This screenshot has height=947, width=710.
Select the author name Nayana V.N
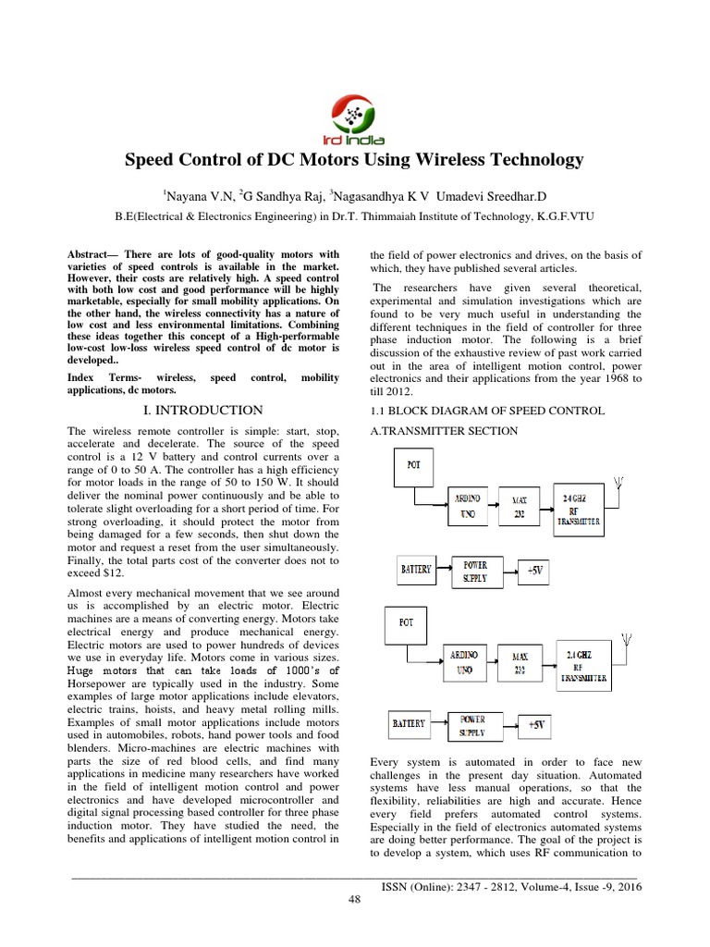[x=199, y=195]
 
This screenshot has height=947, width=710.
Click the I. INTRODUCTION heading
[x=211, y=410]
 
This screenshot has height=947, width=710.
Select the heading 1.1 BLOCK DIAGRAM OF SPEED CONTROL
[x=487, y=411]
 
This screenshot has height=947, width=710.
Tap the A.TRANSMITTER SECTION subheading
[x=444, y=431]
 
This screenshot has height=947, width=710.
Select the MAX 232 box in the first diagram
[x=519, y=508]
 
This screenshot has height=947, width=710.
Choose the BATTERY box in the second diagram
[x=407, y=724]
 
